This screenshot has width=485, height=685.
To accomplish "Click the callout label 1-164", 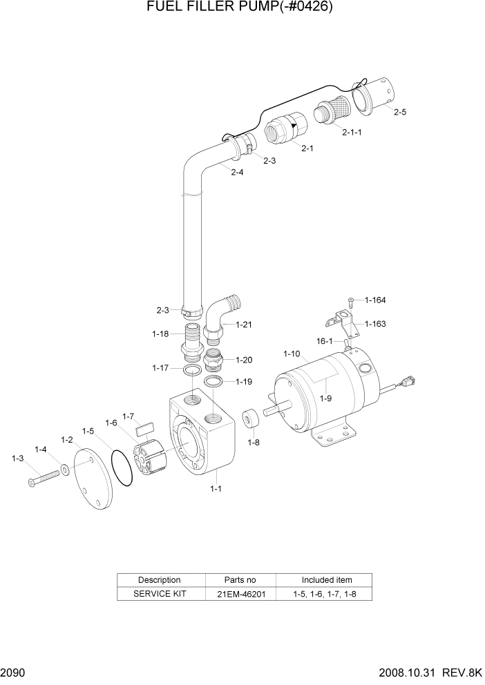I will click(x=375, y=300).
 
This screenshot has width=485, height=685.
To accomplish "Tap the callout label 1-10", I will click(x=293, y=354).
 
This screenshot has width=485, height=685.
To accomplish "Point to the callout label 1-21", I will click(x=245, y=324).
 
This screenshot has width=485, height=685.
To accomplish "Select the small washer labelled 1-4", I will click(x=64, y=470).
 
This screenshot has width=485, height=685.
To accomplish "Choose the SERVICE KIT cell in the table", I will click(x=160, y=593).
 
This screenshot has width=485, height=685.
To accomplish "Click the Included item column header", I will click(x=327, y=579).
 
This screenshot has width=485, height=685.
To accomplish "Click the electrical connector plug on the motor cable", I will click(x=409, y=380).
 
